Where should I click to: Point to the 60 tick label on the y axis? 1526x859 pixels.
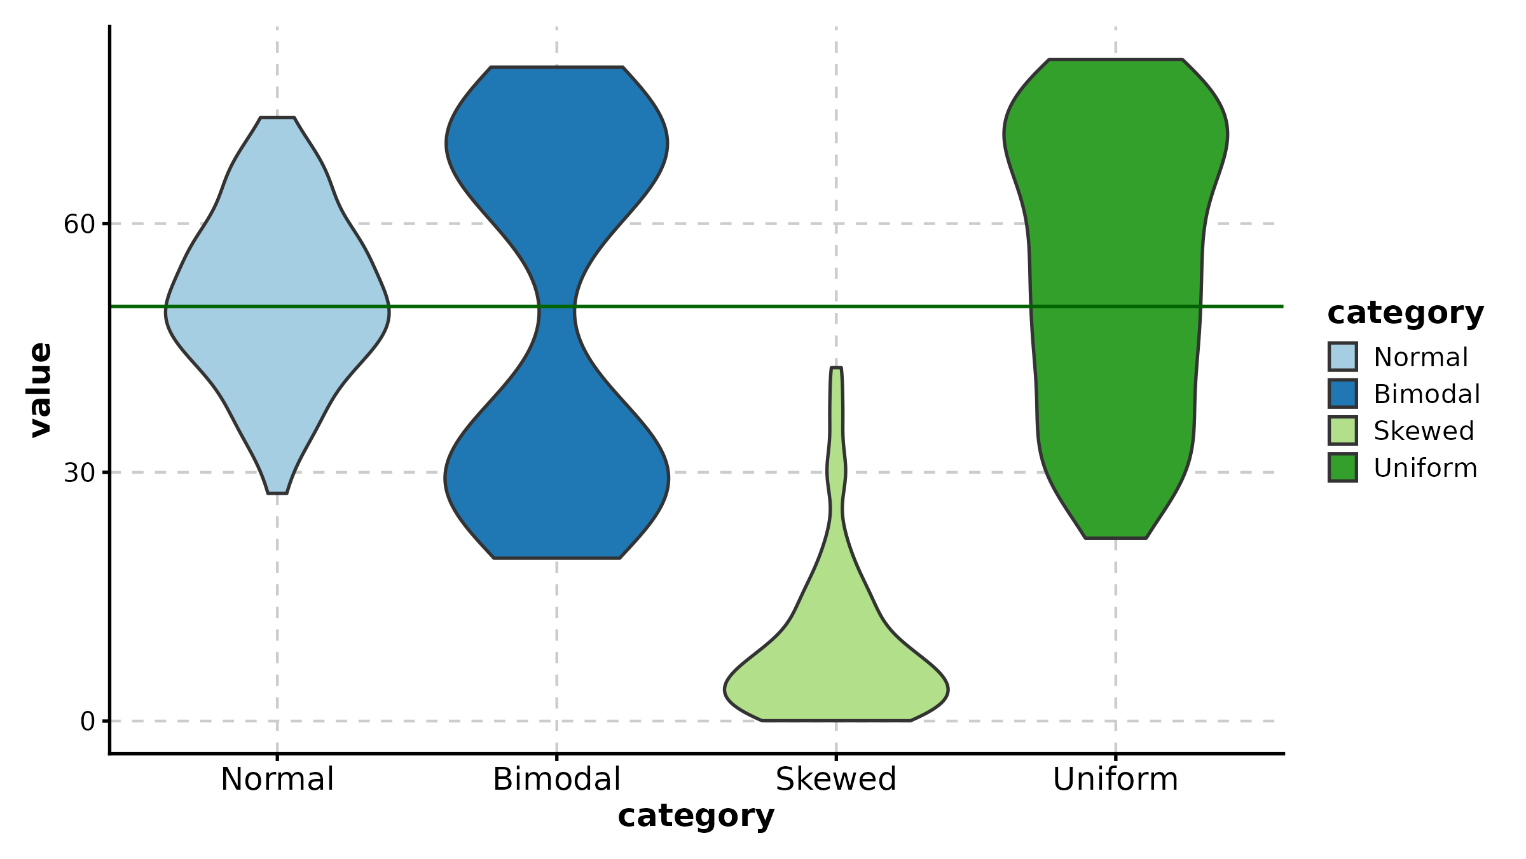coord(78,224)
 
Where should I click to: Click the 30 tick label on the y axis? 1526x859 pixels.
coord(78,473)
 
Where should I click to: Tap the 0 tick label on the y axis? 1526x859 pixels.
coord(87,722)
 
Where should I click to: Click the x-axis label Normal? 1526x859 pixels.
coord(277,780)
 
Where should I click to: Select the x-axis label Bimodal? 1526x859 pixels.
coord(557,780)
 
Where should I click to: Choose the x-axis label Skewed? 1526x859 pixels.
coord(836,780)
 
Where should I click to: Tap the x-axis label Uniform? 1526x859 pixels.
coord(1115,780)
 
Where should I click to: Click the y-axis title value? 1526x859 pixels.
coord(41,390)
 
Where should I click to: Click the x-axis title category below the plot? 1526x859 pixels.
coord(696,816)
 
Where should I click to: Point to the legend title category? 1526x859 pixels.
coord(1405,313)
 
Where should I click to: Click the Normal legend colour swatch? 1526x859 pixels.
coord(1343,357)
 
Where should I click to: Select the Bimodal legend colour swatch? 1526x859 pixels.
coord(1343,394)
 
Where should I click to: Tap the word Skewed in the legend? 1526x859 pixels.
coord(1424,431)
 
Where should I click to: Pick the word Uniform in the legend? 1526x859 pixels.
coord(1425,468)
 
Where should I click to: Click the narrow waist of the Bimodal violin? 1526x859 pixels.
coord(557,312)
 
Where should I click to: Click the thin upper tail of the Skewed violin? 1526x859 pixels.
coord(836,413)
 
